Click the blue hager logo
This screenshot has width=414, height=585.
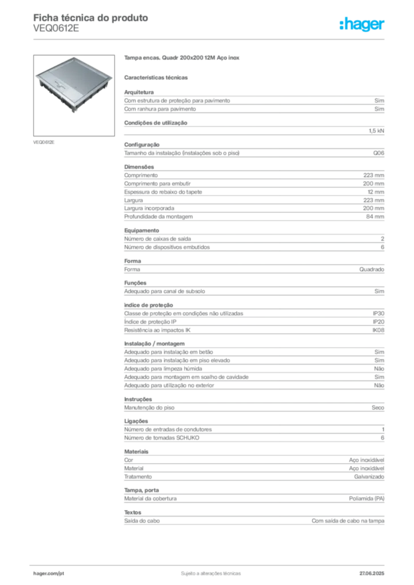pyautogui.click(x=363, y=25)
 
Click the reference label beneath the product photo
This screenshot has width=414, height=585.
pyautogui.click(x=45, y=142)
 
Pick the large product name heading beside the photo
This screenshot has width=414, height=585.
pyautogui.click(x=183, y=59)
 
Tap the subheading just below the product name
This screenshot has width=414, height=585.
pyautogui.click(x=157, y=77)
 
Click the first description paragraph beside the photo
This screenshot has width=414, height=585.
pyautogui.click(x=254, y=102)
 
